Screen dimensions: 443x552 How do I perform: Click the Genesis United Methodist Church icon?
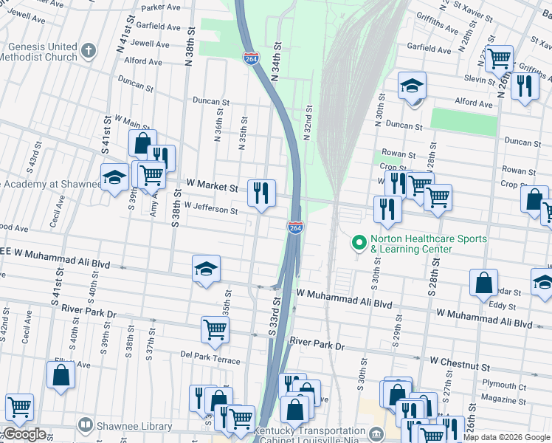[89, 51]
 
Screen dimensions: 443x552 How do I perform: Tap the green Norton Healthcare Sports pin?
[359, 242]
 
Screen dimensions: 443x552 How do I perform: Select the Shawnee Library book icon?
[86, 426]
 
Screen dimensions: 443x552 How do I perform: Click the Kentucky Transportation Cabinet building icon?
[377, 433]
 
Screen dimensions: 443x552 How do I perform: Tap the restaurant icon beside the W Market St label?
[262, 193]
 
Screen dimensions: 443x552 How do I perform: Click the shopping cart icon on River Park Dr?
[215, 329]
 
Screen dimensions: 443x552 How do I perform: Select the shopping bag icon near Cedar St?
[483, 284]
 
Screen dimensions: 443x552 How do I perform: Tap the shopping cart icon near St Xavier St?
[500, 57]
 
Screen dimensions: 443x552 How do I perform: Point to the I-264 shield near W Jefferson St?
[295, 228]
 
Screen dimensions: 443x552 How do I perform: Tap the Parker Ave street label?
[161, 7]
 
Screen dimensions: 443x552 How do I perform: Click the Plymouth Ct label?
[500, 385]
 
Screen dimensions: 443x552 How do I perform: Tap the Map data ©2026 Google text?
[506, 437]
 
